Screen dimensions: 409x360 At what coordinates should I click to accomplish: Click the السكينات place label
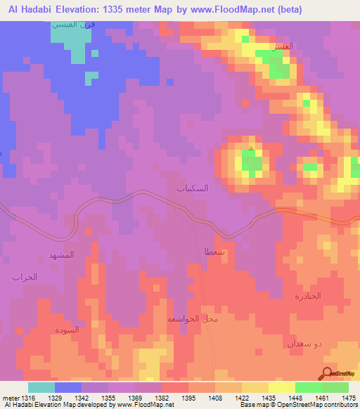click(192, 189)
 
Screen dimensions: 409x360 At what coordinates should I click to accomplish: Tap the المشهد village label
click(60, 254)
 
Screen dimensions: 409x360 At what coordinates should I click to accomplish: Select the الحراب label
click(24, 278)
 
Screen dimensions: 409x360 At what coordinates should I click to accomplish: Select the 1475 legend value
click(348, 398)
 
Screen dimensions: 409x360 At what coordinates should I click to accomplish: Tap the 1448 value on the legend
click(295, 398)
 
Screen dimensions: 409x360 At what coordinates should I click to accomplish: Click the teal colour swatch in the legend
click(41, 387)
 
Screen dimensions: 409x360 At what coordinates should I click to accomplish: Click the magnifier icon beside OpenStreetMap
click(328, 373)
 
